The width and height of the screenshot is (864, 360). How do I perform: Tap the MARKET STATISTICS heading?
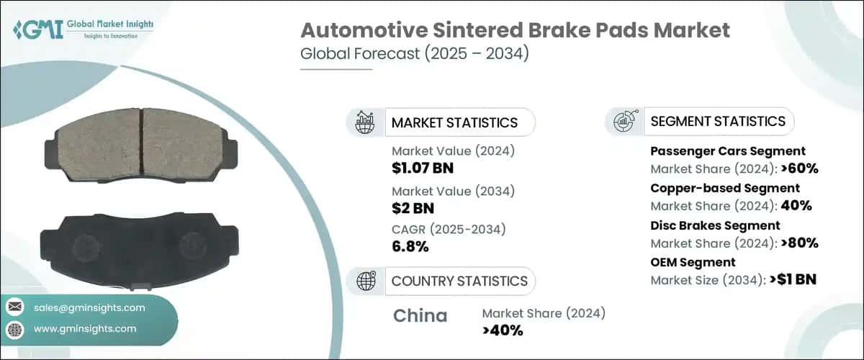click(454, 122)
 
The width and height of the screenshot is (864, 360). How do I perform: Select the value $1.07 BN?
click(423, 168)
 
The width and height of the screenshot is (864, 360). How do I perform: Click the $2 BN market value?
click(413, 208)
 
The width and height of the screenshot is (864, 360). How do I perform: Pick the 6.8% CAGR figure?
click(410, 247)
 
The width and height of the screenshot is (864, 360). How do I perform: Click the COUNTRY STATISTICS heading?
click(459, 281)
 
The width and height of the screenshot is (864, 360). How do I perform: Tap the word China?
click(420, 316)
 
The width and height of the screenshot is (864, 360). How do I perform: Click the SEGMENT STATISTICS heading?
click(718, 122)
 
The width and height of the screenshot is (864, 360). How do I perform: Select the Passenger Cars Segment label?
click(728, 151)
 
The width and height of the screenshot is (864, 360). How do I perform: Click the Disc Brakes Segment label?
click(715, 225)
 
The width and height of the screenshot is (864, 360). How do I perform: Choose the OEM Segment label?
click(693, 262)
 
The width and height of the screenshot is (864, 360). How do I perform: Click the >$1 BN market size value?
click(793, 280)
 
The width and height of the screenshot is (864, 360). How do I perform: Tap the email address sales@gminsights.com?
click(89, 307)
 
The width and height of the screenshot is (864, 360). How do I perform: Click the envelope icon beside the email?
click(15, 307)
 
